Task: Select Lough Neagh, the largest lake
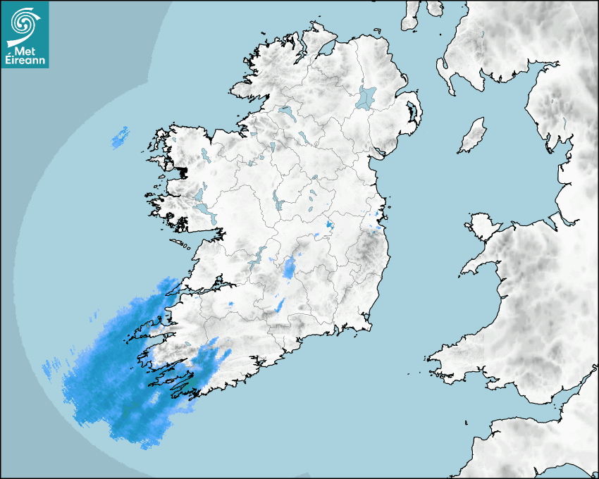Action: (x=366, y=97)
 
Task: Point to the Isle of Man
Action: (x=473, y=135)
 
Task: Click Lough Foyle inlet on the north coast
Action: (x=325, y=49)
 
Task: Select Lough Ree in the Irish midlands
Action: (x=279, y=201)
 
